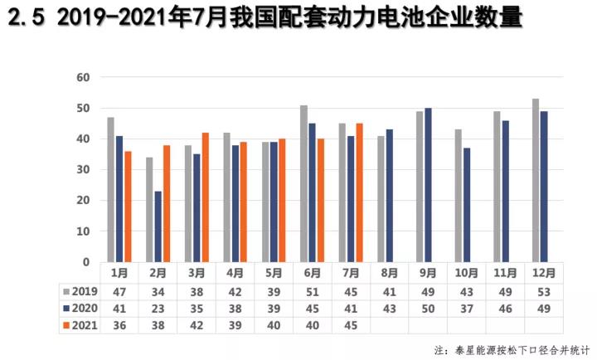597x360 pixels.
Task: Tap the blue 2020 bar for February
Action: coord(158,226)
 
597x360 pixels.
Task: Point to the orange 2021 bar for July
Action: coord(360,192)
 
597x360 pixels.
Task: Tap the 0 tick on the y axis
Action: coord(85,262)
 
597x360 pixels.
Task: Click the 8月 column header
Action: coord(390,273)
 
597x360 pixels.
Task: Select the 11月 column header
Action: coord(505,273)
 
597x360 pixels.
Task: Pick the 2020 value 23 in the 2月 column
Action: coord(158,308)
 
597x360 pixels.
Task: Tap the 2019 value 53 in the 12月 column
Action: coord(543,291)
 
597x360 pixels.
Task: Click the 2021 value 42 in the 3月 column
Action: coord(197,324)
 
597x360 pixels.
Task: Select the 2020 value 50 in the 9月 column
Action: coord(428,308)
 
